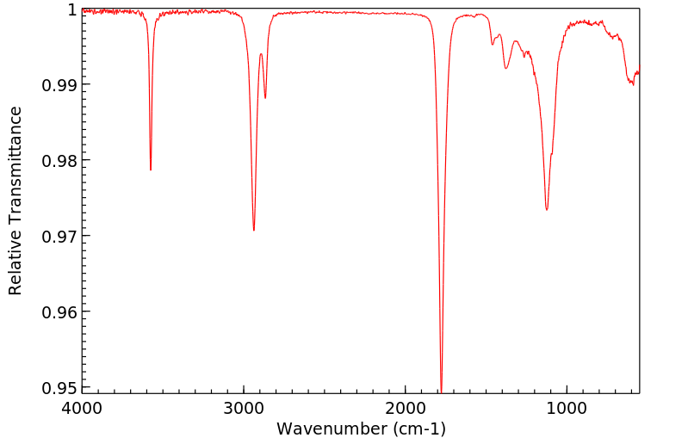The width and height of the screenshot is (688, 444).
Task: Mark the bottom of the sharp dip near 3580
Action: tap(151, 170)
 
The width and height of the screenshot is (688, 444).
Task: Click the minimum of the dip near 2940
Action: tap(253, 230)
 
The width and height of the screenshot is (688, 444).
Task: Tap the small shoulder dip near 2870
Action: tap(265, 98)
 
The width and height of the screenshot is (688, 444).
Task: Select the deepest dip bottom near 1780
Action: tap(441, 390)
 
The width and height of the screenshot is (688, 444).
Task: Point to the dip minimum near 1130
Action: tap(547, 210)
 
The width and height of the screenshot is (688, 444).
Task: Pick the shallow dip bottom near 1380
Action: tap(505, 68)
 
